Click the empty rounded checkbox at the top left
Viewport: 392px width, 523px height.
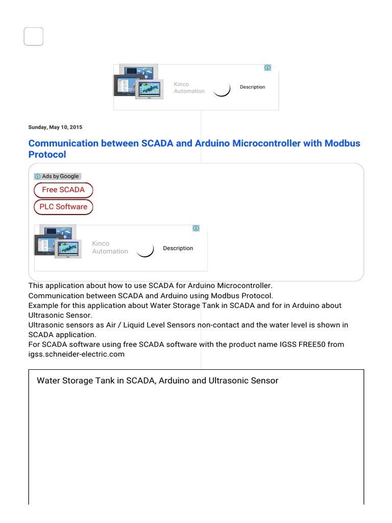[34, 37]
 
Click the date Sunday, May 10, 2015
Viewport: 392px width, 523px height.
[55, 127]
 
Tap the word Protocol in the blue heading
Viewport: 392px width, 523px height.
[47, 154]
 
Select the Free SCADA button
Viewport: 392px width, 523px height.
[63, 190]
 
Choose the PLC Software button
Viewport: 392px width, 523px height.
[63, 207]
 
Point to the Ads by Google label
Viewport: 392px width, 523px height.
[58, 176]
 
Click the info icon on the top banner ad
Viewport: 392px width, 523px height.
[267, 67]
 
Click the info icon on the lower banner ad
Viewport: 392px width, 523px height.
[196, 228]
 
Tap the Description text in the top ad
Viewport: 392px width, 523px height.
[253, 87]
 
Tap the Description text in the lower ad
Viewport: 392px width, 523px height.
[178, 248]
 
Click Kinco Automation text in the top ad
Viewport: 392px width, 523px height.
[189, 88]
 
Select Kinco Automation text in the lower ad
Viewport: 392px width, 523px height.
[110, 248]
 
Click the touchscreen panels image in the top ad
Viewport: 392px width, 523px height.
[138, 82]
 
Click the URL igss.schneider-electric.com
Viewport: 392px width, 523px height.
[77, 354]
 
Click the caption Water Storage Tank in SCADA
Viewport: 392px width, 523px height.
[94, 381]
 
